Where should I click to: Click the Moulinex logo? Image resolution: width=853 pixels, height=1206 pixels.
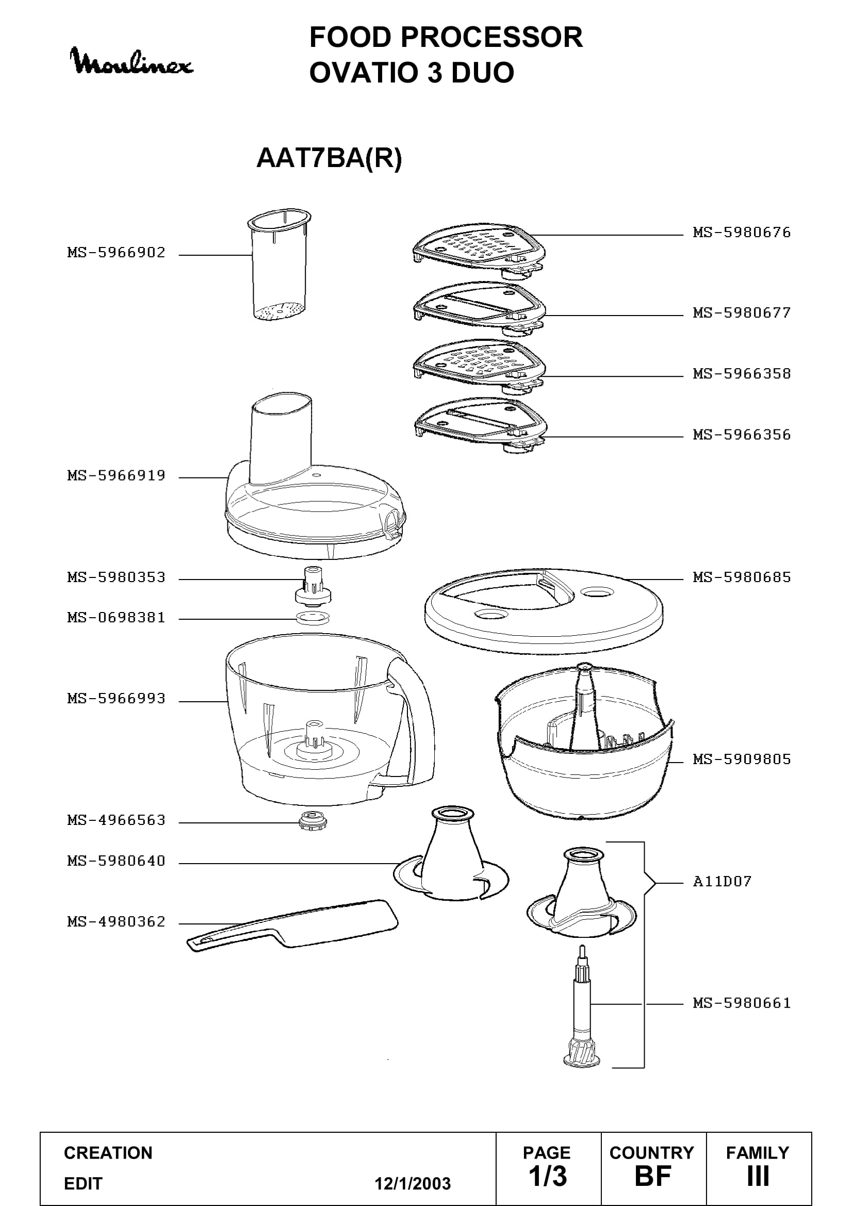coord(132,62)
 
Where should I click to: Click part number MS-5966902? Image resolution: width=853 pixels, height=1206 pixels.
coord(116,253)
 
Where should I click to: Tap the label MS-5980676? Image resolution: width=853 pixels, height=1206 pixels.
coord(742,232)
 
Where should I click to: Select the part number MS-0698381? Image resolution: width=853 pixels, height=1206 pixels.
coord(116,618)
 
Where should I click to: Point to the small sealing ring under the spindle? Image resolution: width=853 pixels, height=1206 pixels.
coord(313,618)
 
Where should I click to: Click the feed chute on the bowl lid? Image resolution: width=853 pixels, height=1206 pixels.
coord(281,440)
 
